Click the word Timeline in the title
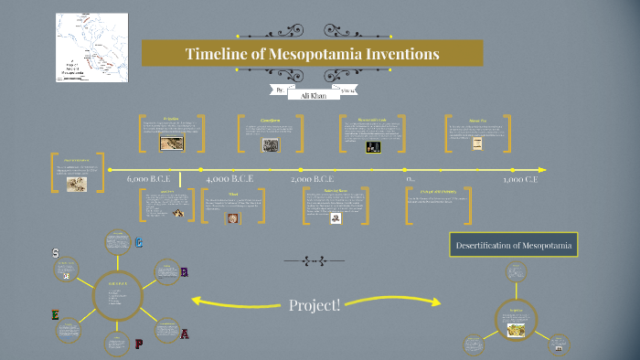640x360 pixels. (217, 54)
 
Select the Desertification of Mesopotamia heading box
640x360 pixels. (515, 244)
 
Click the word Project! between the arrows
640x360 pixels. (315, 304)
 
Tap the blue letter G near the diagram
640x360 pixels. (139, 243)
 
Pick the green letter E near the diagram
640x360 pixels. (55, 315)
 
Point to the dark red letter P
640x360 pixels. (139, 344)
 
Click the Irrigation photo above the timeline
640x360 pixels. (171, 143)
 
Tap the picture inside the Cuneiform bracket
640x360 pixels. (271, 144)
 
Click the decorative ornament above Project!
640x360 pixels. (315, 261)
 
